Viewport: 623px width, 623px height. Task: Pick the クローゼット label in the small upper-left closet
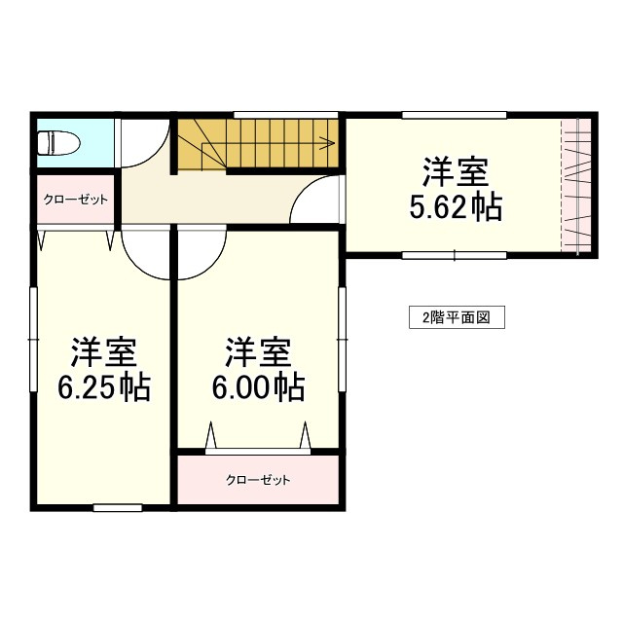coord(75,200)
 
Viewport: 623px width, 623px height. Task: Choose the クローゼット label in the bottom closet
coord(258,480)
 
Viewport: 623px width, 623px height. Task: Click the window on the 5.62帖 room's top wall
coord(454,116)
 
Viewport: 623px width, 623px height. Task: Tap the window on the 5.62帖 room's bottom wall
coord(454,256)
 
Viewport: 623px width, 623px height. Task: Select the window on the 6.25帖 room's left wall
coord(33,337)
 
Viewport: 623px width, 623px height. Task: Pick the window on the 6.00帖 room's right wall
coord(342,337)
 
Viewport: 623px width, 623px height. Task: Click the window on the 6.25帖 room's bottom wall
coord(118,507)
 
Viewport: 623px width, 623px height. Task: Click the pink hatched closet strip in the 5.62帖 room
coord(575,185)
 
